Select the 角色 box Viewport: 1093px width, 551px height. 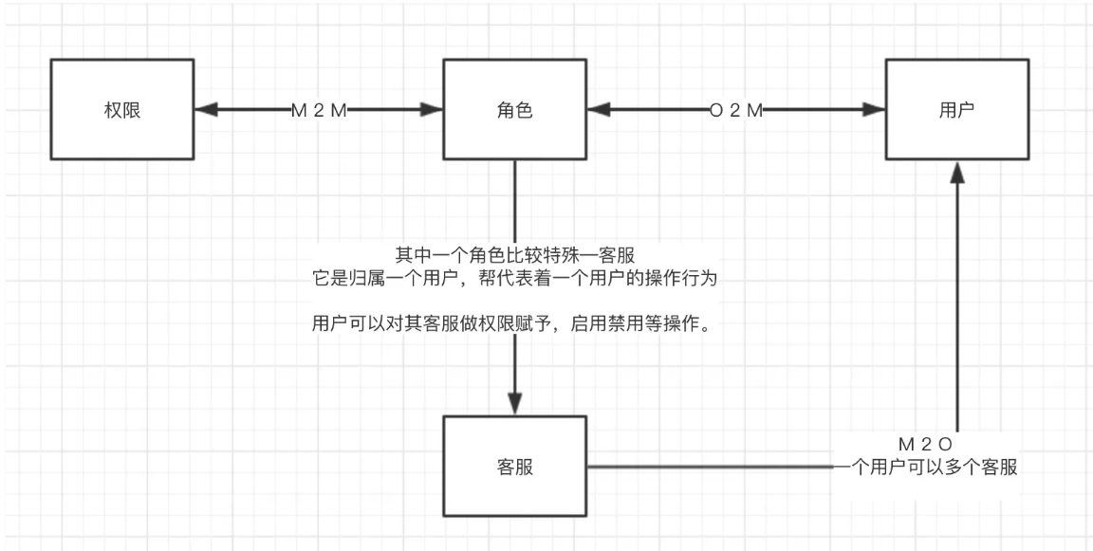[x=514, y=110]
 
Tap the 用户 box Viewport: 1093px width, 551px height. [x=957, y=110]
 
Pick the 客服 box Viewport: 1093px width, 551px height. [x=515, y=467]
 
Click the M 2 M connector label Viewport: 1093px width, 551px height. [x=319, y=110]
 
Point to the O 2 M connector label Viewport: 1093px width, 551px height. [x=736, y=110]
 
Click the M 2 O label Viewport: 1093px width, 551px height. [x=924, y=444]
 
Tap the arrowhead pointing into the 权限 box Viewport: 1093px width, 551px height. [x=204, y=110]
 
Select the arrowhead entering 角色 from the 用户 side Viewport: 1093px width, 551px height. [x=598, y=110]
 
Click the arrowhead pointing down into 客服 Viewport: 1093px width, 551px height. [x=515, y=403]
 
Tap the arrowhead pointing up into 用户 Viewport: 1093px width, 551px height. [x=958, y=173]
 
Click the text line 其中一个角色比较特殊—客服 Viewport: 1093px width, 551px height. [x=515, y=254]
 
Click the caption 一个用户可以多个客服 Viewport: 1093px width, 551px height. [x=924, y=467]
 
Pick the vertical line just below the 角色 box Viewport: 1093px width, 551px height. [x=515, y=199]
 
